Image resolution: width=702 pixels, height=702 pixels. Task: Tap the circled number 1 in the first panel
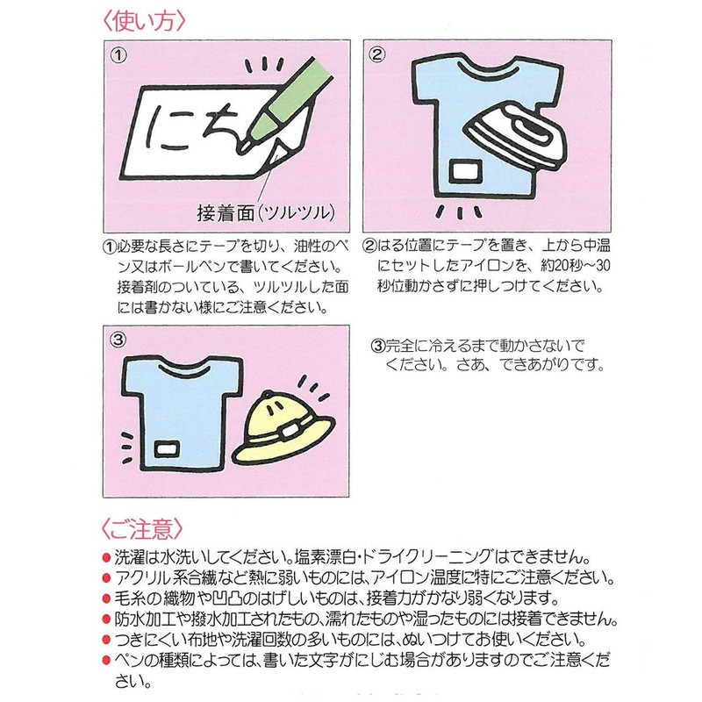pos(119,55)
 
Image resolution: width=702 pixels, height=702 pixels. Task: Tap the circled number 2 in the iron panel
pos(378,55)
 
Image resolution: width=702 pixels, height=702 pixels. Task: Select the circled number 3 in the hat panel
pos(119,338)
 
